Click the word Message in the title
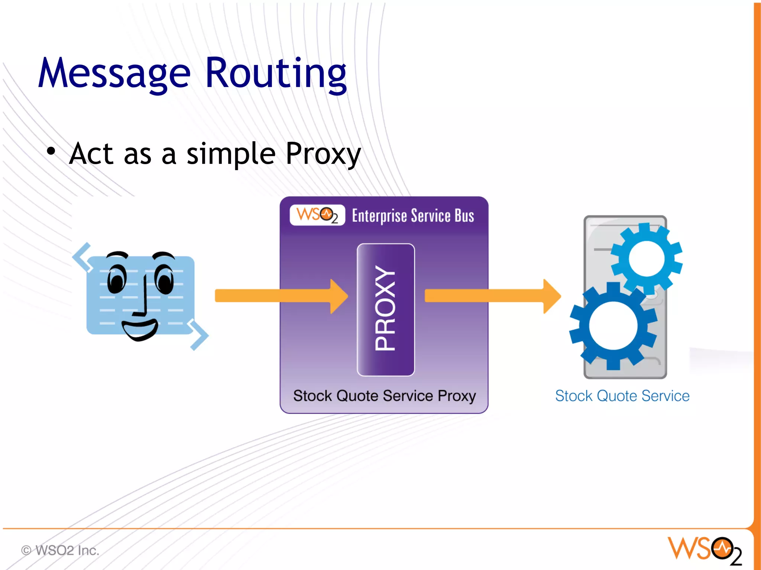click(x=114, y=73)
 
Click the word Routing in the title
click(x=275, y=73)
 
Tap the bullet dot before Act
click(x=51, y=151)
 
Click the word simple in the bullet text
click(x=230, y=154)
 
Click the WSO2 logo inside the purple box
click(x=317, y=215)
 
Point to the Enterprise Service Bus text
click(x=412, y=216)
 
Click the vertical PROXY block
click(x=385, y=309)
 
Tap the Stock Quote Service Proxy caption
click(x=384, y=396)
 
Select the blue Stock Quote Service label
click(x=622, y=396)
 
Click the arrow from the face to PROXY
click(x=281, y=296)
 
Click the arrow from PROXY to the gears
click(x=492, y=296)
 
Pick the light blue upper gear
click(x=647, y=257)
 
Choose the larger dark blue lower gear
click(x=613, y=326)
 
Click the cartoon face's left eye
click(x=117, y=279)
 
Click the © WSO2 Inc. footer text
click(x=60, y=550)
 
